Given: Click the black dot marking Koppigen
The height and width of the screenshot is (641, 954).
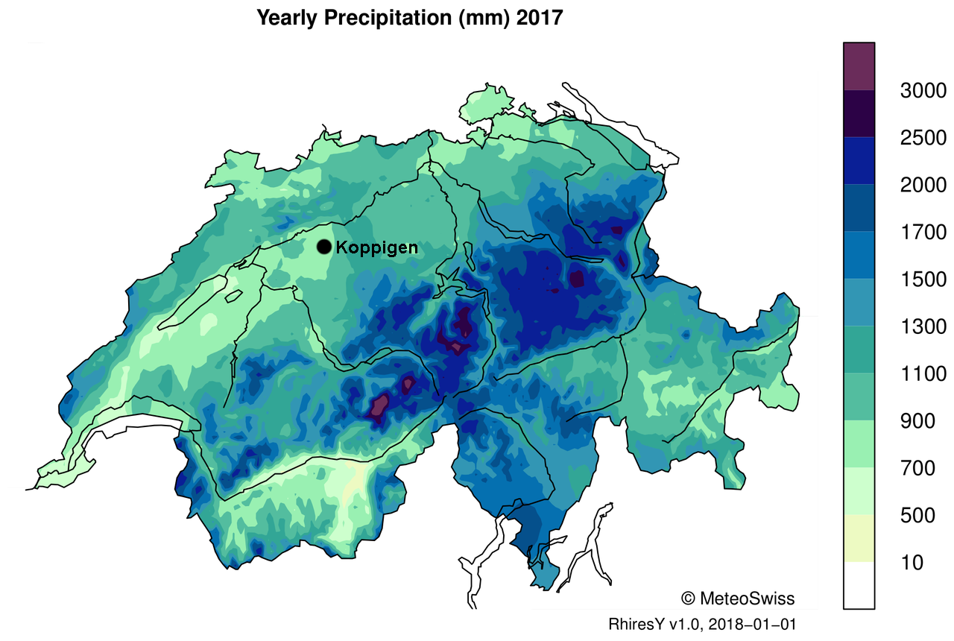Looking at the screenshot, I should (323, 247).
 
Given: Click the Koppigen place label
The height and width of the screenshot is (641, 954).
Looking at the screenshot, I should (376, 247).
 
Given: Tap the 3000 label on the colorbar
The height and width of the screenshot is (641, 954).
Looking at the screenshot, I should (923, 91).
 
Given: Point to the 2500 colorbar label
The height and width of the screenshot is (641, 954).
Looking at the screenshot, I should (923, 138).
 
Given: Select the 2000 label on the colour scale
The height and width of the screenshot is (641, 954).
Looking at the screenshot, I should (923, 185).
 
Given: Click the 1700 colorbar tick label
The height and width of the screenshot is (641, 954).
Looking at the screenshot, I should (923, 233).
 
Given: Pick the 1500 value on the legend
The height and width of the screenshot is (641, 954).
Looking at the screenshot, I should (923, 280).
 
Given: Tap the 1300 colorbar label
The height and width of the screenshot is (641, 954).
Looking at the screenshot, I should (923, 326).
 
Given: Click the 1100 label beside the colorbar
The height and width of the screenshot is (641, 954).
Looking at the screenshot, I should (923, 373).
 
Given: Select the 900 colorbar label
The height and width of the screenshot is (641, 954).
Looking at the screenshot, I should (917, 421).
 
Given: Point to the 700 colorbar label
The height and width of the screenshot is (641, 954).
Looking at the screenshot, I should (917, 468).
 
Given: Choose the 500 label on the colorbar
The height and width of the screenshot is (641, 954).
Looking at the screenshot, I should (917, 515).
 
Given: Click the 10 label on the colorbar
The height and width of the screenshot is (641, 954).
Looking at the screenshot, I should (912, 563).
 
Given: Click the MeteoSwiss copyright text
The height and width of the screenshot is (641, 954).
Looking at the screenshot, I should (738, 599).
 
